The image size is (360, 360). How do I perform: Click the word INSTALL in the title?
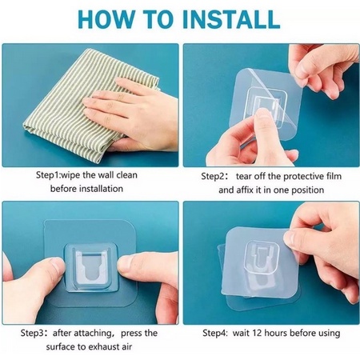tap(231, 19)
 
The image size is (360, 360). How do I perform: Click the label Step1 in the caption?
tap(48, 176)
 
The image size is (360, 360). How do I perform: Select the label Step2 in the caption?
tap(213, 177)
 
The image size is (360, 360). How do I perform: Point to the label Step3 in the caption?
tap(32, 334)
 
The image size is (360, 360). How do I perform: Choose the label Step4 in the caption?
tap(214, 334)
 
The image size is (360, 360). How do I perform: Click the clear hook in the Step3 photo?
tap(90, 267)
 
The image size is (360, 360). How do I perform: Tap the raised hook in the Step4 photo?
tap(262, 257)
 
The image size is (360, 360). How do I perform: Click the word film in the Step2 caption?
tap(334, 176)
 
